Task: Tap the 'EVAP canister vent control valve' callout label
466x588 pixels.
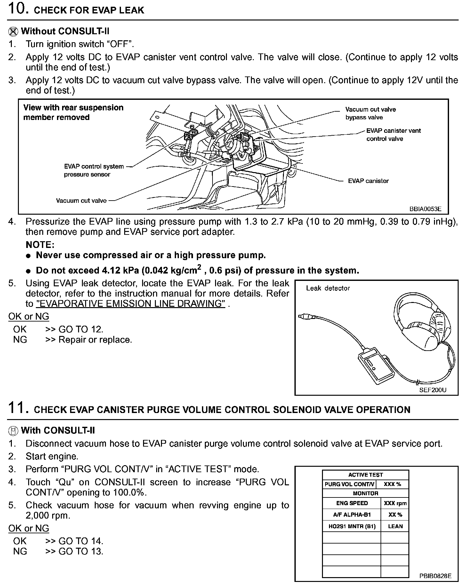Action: coord(393,135)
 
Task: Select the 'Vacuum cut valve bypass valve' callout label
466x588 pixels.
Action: coord(370,113)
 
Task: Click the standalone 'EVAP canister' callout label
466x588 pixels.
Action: coord(368,181)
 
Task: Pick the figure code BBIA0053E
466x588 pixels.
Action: coord(425,209)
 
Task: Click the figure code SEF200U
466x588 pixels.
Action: coord(433,390)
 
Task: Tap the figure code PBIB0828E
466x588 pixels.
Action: coord(435,576)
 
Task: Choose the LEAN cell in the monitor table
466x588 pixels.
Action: coord(395,526)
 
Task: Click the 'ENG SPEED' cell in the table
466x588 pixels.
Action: coord(352,503)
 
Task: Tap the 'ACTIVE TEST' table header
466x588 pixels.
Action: coord(366,475)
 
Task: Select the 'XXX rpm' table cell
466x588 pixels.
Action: coord(395,503)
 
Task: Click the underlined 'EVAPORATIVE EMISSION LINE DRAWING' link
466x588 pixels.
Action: coord(131,303)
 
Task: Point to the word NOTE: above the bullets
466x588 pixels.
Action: coord(40,245)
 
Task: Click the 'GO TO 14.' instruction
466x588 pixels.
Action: coord(81,541)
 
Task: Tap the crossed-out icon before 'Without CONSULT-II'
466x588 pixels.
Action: coord(13,31)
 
